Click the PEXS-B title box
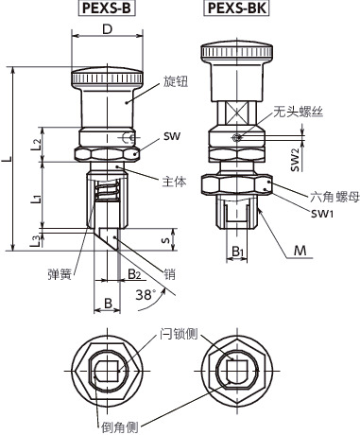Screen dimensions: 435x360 (106, 10)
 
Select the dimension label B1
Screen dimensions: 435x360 (239, 252)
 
